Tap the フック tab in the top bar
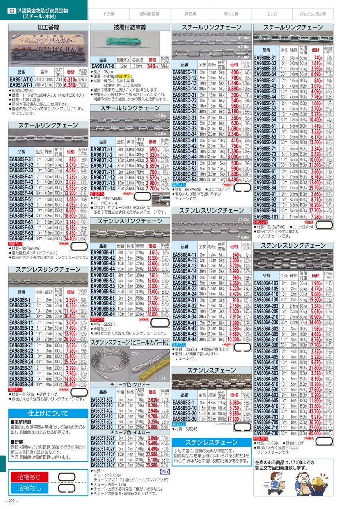pos(272,14)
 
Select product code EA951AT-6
pos(103,66)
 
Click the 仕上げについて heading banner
pos(48,413)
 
